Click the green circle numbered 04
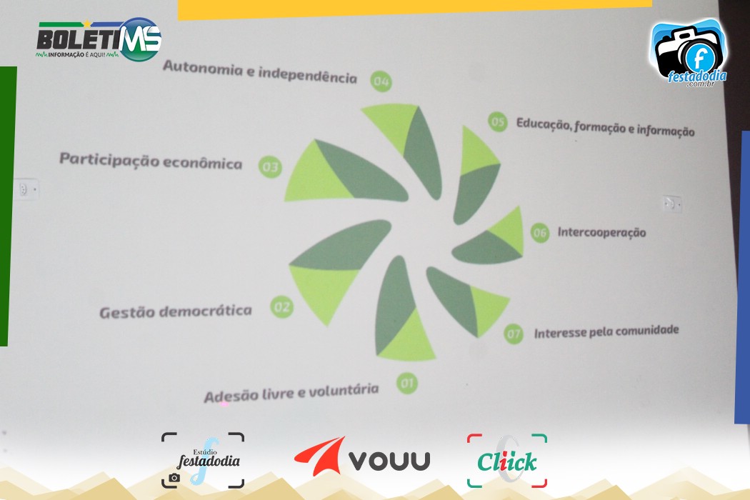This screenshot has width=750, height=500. pyautogui.click(x=381, y=81)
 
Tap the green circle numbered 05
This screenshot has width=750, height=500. pyautogui.click(x=497, y=122)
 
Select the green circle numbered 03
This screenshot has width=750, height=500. pyautogui.click(x=270, y=167)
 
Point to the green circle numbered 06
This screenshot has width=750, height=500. pyautogui.click(x=539, y=233)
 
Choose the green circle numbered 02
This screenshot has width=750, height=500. pyautogui.click(x=281, y=306)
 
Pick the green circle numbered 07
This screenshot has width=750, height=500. pyautogui.click(x=514, y=334)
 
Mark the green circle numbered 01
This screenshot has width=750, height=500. pyautogui.click(x=407, y=384)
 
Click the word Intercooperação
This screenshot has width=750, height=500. pyautogui.click(x=601, y=233)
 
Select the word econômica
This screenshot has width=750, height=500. pyautogui.click(x=203, y=163)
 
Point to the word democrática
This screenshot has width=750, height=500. pyautogui.click(x=206, y=311)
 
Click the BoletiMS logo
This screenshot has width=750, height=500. pyautogui.click(x=99, y=40)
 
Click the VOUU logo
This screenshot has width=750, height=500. pyautogui.click(x=362, y=457)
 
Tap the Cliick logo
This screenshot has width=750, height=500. pyautogui.click(x=507, y=461)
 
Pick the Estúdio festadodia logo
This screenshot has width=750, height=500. pyautogui.click(x=203, y=460)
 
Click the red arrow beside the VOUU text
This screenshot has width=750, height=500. pyautogui.click(x=319, y=456)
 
